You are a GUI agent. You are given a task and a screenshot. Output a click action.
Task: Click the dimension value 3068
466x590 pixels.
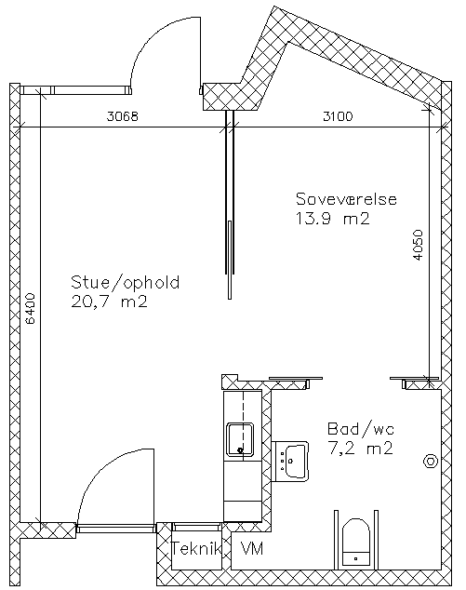tap(123, 116)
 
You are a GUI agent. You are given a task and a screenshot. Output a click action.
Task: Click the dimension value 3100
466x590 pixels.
tap(338, 116)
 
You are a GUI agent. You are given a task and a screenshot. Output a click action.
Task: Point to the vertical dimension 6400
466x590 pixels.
tap(30, 309)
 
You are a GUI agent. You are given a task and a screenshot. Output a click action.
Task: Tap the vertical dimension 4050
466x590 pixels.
tap(418, 245)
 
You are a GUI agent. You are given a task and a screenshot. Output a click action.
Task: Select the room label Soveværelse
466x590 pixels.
tap(346, 199)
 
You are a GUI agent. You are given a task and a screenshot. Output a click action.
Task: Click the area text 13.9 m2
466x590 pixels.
tap(332, 219)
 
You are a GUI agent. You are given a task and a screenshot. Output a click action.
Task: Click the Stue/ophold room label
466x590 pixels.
tap(126, 282)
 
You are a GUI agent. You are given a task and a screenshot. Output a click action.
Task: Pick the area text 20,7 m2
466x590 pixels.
tap(109, 302)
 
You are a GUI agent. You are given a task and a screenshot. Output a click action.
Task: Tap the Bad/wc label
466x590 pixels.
tap(361, 429)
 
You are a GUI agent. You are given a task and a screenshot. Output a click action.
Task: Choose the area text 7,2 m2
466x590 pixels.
tap(361, 449)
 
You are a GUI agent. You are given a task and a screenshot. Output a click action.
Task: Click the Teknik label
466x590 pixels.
tap(196, 549)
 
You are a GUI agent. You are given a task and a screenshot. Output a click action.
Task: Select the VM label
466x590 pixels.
tap(252, 549)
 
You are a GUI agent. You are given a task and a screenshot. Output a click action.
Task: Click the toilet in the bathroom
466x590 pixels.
tap(356, 542)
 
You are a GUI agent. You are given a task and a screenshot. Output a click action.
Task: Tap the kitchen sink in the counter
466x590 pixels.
tap(240, 439)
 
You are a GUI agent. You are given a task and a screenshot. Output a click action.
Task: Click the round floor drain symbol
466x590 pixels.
tap(431, 462)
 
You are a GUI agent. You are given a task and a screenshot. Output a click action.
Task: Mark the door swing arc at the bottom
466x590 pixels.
tap(99, 470)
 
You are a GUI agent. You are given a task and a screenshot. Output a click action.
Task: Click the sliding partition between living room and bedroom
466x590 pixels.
tap(230, 205)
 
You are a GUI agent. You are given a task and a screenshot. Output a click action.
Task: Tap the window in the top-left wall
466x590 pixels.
tap(75, 90)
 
